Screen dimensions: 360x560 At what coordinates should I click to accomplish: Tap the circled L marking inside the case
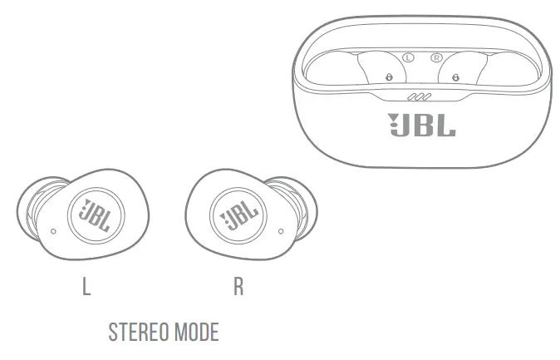pyautogui.click(x=407, y=57)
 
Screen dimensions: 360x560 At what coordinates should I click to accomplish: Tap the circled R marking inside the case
pyautogui.click(x=435, y=57)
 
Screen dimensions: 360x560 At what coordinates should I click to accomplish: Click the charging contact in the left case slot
pyautogui.click(x=388, y=76)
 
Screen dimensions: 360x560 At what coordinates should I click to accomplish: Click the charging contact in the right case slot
pyautogui.click(x=454, y=76)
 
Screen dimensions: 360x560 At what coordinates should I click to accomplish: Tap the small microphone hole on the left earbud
pyautogui.click(x=53, y=229)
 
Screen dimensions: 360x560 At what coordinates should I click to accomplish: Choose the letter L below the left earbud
pyautogui.click(x=86, y=288)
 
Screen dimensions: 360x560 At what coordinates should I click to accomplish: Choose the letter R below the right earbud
pyautogui.click(x=238, y=288)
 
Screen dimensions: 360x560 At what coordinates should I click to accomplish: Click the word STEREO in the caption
pyautogui.click(x=137, y=333)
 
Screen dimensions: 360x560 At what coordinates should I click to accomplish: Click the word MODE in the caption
pyautogui.click(x=195, y=333)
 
